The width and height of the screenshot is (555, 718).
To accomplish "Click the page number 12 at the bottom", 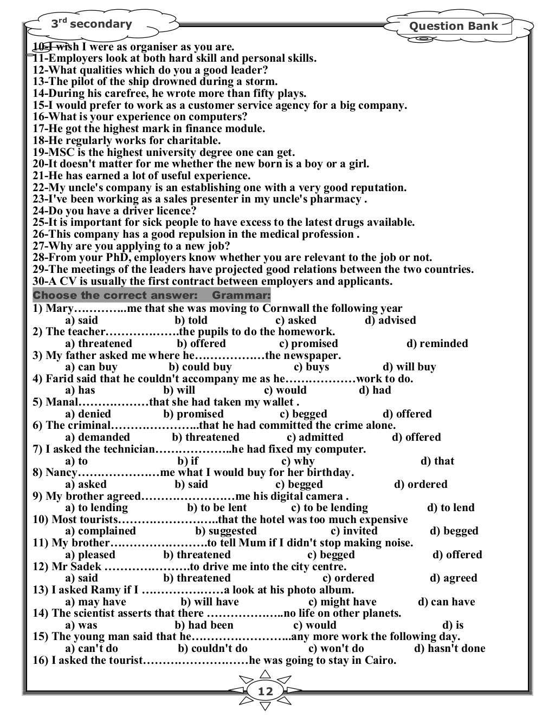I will [x=266, y=691].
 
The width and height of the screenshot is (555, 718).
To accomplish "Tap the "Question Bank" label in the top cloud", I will [x=453, y=26].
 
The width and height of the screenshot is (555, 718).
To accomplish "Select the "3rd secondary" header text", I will [x=91, y=24].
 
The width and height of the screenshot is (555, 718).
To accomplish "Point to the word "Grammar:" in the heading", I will [x=241, y=296].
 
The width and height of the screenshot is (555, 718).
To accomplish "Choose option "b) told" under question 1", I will [x=191, y=320].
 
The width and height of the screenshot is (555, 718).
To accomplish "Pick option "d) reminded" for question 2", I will [x=437, y=343].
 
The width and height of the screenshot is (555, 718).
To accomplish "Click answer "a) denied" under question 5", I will [x=88, y=414].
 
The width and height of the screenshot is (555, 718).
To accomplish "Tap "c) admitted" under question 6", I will [x=314, y=437].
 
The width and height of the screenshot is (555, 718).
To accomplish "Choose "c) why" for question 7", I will [x=298, y=461].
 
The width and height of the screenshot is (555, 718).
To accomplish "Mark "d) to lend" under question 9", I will [x=450, y=507].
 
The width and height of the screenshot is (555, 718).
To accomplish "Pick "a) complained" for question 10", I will [x=100, y=531].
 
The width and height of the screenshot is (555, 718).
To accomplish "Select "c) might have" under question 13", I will [x=342, y=602].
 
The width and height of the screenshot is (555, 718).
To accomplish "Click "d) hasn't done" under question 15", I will [x=449, y=648].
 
